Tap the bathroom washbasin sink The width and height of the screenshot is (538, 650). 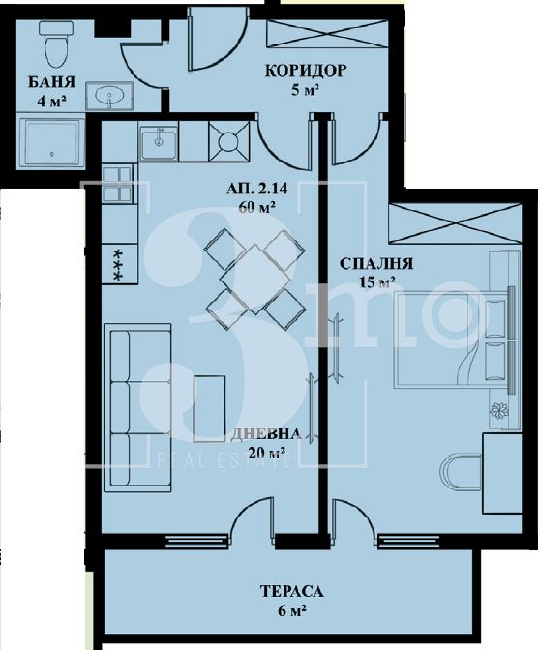pyautogui.click(x=109, y=96)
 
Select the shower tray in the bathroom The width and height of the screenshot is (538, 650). pyautogui.click(x=52, y=144)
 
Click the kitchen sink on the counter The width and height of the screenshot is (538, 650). pyautogui.click(x=159, y=143)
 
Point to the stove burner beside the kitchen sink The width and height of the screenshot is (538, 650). pyautogui.click(x=228, y=141)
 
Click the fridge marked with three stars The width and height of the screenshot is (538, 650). pyautogui.click(x=119, y=264)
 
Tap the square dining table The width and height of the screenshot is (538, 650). pyautogui.click(x=255, y=279)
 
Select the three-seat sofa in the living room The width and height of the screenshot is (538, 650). pyautogui.click(x=136, y=407)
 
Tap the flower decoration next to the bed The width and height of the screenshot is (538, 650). pyautogui.click(x=499, y=410)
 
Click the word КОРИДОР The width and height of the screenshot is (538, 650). pyautogui.click(x=305, y=71)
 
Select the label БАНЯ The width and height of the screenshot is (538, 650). pyautogui.click(x=51, y=82)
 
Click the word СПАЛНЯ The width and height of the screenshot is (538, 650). pyautogui.click(x=376, y=264)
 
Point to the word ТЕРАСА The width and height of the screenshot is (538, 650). pyautogui.click(x=291, y=591)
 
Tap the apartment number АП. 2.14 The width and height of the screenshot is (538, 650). pyautogui.click(x=257, y=189)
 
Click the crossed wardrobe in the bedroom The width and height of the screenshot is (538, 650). pyautogui.click(x=455, y=223)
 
